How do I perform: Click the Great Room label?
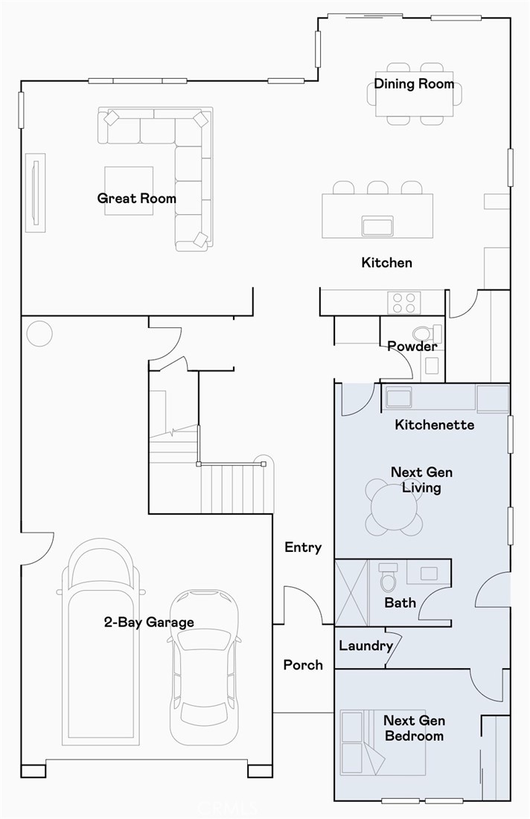136,199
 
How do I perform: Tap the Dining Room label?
414,83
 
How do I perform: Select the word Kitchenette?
435,425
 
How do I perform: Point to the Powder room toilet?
427,333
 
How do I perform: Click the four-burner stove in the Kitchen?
404,303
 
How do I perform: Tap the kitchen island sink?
377,227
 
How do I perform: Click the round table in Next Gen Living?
394,507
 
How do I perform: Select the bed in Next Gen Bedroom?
383,742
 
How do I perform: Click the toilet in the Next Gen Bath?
388,577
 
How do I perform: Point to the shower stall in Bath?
351,593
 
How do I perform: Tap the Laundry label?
366,646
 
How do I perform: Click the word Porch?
303,665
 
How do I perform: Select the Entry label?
303,547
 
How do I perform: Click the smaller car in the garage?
205,667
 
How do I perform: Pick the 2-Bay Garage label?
149,622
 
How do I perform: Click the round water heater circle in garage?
39,333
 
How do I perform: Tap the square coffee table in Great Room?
129,190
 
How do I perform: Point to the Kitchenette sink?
398,397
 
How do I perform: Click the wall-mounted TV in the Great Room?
36,193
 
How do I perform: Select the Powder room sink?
432,366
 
